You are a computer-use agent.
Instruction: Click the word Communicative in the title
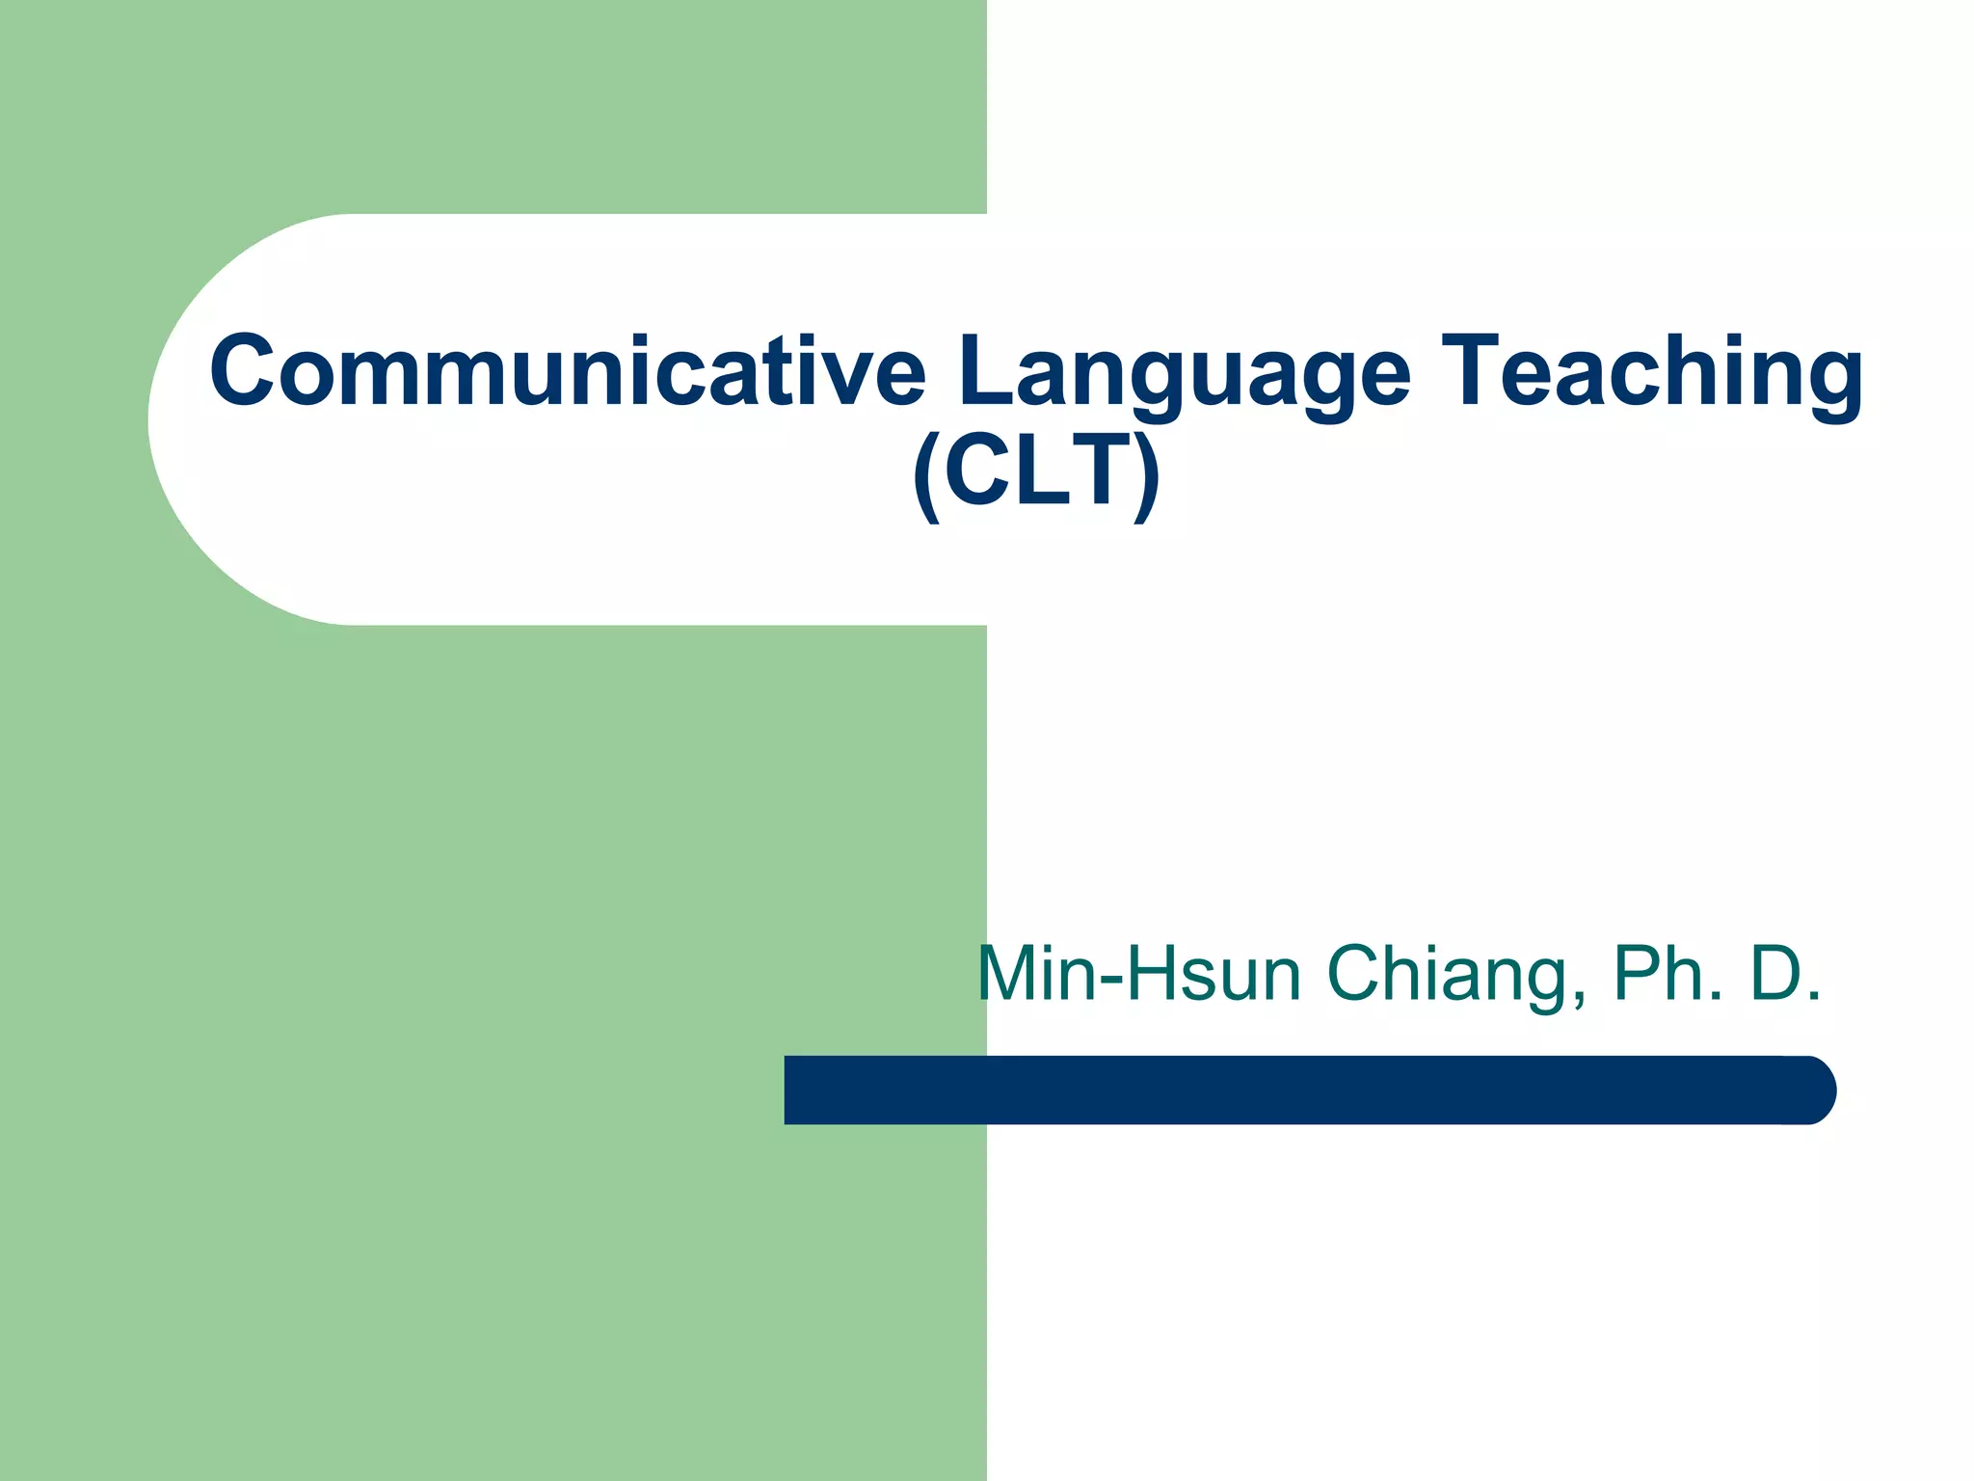click(567, 371)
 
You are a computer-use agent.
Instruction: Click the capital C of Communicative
click(242, 371)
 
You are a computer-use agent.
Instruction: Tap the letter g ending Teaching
click(1835, 382)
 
